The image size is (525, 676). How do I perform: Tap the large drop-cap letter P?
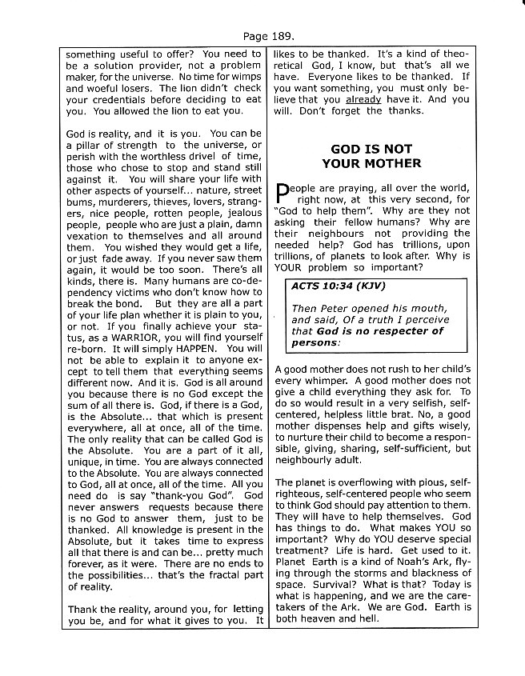click(x=281, y=194)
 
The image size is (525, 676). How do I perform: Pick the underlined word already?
click(x=363, y=99)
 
